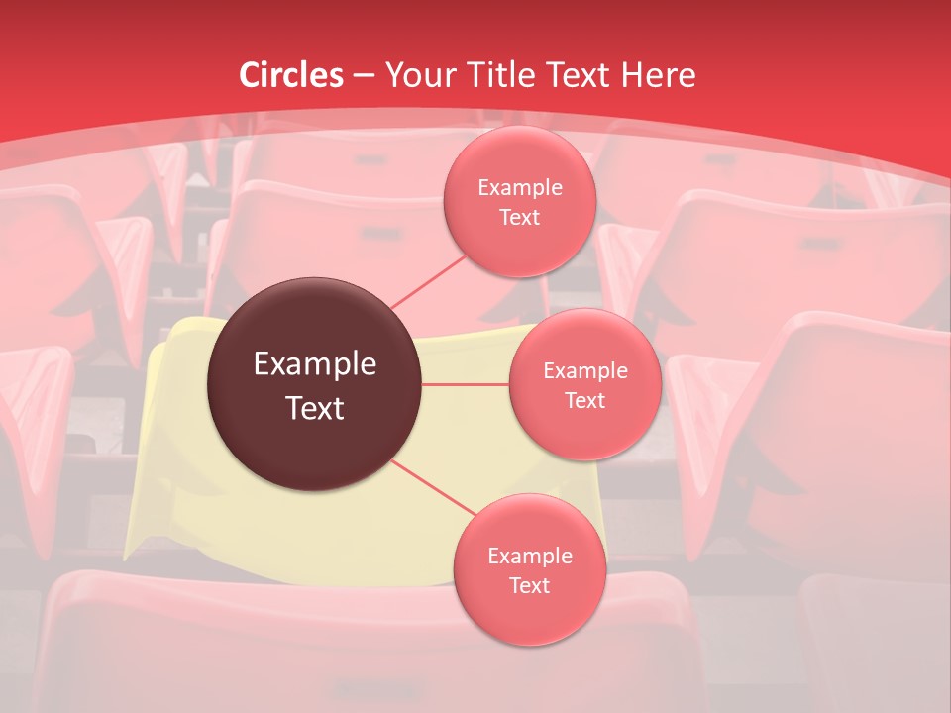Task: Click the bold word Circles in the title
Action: pos(291,75)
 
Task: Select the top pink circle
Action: pos(519,201)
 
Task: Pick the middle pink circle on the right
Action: pos(585,384)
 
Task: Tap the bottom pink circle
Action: pos(529,569)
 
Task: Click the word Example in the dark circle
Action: pos(315,364)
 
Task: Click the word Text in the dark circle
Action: pos(315,408)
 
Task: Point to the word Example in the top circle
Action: pos(519,188)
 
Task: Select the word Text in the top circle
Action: pos(519,218)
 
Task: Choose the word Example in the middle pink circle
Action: pos(585,371)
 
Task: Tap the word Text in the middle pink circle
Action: pos(585,401)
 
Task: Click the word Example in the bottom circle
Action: pos(529,557)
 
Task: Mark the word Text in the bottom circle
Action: pos(529,586)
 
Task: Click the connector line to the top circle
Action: pos(428,281)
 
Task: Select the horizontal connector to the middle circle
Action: pos(466,384)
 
